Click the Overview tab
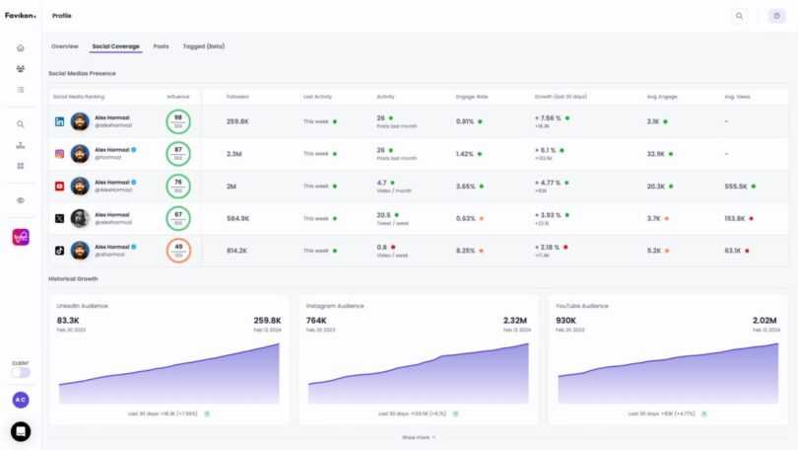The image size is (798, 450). coord(64,46)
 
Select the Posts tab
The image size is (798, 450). coord(161,46)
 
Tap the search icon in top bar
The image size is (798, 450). coord(739,16)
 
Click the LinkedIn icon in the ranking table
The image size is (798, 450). coord(59,121)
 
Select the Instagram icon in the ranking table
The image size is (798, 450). coord(59,154)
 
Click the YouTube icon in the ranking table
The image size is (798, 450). coord(59,186)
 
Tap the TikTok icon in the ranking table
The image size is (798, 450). coord(59,251)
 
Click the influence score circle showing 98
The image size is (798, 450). coord(178,121)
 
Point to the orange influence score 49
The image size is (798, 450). coord(178,251)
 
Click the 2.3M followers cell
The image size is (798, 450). coord(235,154)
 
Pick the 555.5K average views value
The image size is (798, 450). coord(736,186)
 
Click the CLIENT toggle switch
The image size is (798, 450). coord(20,372)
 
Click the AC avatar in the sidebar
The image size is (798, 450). coord(20,400)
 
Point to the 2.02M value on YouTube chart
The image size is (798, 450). coord(765,321)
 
